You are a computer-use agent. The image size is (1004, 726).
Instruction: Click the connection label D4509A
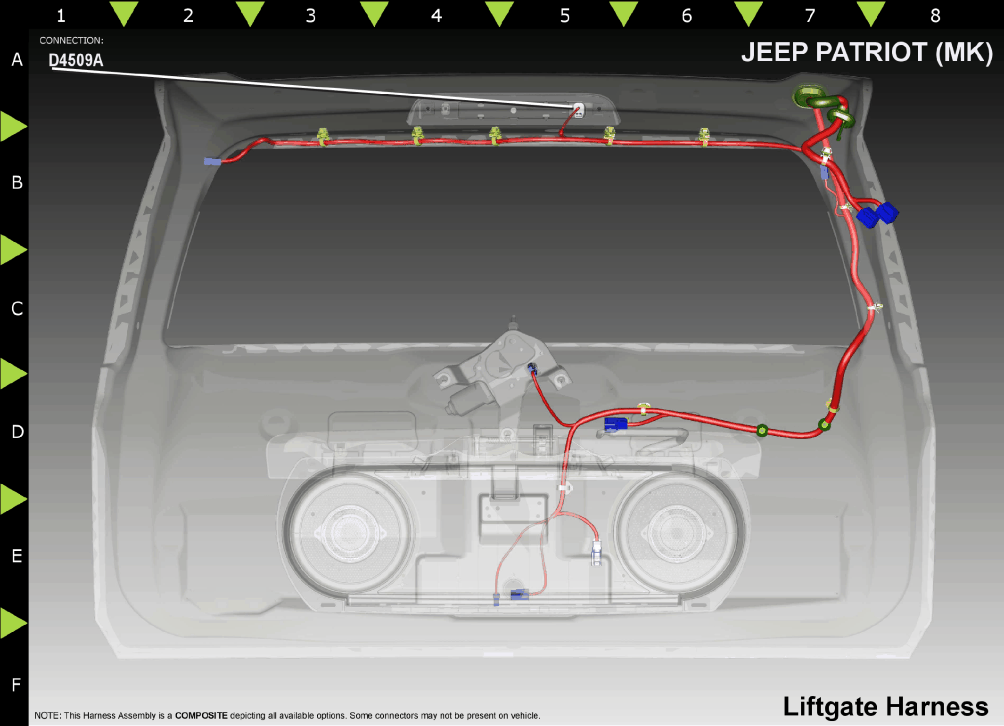[75, 60]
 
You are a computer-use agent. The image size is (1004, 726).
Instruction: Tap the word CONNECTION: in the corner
[71, 41]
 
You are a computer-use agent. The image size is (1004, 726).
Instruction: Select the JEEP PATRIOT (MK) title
[867, 52]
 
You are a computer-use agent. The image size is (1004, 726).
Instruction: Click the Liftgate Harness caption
[885, 706]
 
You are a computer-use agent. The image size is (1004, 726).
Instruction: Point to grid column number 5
[565, 16]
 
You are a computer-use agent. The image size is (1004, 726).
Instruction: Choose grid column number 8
[935, 16]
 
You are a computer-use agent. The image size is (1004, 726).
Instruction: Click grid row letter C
[17, 309]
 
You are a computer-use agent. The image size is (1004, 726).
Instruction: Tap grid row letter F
[16, 685]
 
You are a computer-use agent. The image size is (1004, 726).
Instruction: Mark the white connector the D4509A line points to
[578, 111]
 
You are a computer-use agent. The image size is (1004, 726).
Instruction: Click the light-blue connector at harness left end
[212, 162]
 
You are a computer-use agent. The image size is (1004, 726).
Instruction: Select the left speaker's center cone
[349, 532]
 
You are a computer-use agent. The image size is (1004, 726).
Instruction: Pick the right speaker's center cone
[677, 532]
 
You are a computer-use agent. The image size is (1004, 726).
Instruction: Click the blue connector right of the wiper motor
[616, 424]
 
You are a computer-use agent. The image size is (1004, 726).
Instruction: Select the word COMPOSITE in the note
[201, 716]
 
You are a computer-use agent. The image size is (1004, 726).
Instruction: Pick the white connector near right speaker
[596, 553]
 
